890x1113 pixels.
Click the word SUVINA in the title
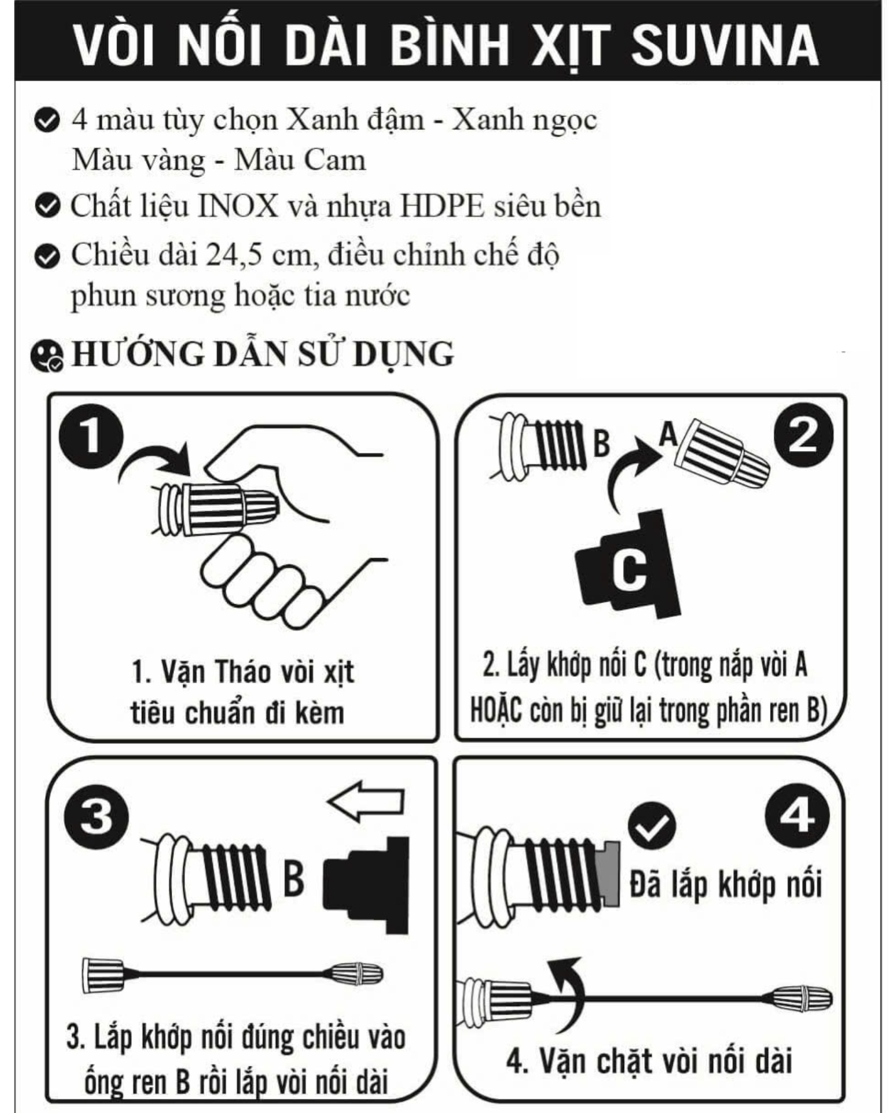[724, 45]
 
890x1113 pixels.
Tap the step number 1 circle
[91, 438]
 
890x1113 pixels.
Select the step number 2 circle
[803, 436]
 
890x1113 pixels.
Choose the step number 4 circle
[797, 816]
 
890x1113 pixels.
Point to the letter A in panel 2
[669, 434]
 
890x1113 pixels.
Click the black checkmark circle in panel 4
[651, 825]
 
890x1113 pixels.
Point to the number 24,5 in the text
[233, 256]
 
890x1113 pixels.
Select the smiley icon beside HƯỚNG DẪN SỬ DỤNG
[46, 356]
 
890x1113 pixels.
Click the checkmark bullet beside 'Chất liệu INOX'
[47, 207]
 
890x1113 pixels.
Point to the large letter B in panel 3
[294, 879]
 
